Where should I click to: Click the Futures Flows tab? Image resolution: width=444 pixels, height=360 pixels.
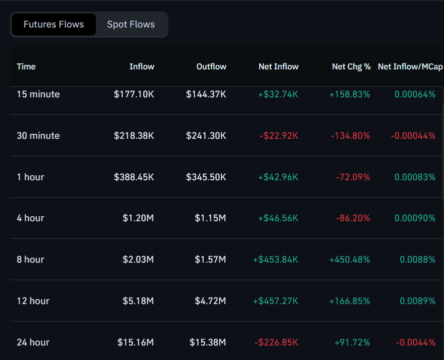[x=53, y=24]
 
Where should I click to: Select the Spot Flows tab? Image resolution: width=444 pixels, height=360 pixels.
[x=131, y=24]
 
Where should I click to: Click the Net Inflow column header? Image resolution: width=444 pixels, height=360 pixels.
[x=278, y=66]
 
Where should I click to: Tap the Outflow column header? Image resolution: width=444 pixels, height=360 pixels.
[x=211, y=66]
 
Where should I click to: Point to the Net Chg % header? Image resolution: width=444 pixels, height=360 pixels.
[x=351, y=66]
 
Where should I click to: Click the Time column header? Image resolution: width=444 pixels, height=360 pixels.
[x=26, y=66]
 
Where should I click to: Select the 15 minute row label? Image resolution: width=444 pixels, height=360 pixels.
[x=38, y=94]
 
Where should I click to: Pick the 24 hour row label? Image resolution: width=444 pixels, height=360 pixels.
[x=33, y=343]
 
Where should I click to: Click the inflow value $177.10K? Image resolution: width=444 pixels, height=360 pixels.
[x=134, y=94]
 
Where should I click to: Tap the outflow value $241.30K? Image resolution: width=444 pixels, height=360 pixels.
[x=206, y=136]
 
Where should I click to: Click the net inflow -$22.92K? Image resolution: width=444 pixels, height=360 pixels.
[x=279, y=136]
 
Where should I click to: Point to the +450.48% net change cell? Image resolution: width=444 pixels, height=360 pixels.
[x=350, y=260]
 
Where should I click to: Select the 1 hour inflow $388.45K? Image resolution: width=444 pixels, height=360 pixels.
[x=134, y=177]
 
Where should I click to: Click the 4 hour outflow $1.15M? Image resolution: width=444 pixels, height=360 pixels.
[x=210, y=218]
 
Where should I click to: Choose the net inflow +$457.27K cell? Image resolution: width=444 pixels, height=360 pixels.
[x=276, y=301]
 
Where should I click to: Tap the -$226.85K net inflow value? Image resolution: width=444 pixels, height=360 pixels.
[x=276, y=343]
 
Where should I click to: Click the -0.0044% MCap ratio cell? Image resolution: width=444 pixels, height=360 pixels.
[x=416, y=343]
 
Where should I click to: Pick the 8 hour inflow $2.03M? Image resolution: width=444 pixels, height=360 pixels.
[x=138, y=260]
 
